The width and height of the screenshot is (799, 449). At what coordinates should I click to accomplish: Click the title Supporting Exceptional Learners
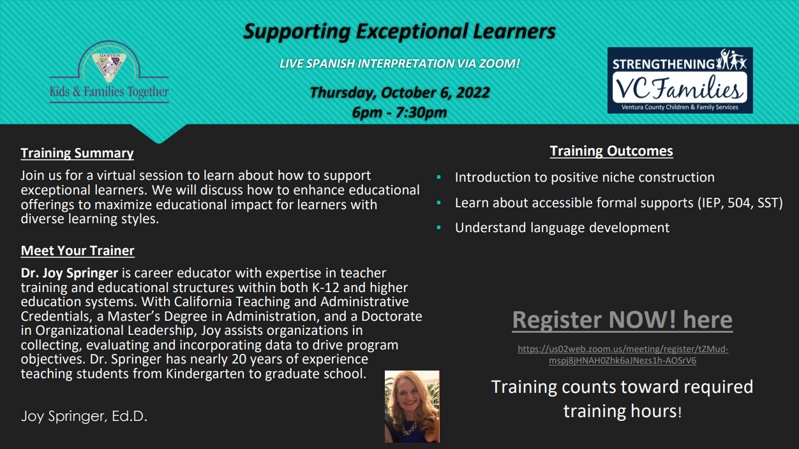point(399,31)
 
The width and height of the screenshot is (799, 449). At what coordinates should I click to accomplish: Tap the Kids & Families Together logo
point(109,72)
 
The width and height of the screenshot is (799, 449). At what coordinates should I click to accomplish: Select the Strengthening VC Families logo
point(680,80)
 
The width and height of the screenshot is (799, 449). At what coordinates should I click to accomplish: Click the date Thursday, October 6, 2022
point(399,92)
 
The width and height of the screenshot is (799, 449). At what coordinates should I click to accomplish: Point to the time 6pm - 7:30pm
point(399,112)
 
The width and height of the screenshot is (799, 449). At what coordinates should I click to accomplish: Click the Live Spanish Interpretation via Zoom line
point(399,63)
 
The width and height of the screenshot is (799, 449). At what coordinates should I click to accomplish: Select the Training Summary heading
point(77,153)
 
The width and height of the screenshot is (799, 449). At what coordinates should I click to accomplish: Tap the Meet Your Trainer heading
point(77,251)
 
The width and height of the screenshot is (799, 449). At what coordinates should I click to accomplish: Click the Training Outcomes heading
point(611,151)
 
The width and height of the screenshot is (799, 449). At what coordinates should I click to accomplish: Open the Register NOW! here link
point(622,320)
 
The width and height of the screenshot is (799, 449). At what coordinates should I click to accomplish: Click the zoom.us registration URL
point(623,355)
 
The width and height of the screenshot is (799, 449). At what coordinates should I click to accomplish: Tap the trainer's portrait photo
point(412,406)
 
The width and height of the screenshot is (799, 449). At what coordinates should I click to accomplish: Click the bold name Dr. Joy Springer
point(69,273)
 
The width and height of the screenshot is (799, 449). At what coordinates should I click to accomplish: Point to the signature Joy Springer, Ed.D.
point(84,416)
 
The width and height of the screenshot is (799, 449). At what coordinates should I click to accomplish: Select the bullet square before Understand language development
point(438,228)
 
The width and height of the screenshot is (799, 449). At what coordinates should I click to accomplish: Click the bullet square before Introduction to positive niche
point(438,177)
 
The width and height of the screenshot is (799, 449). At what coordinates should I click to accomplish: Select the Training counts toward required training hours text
point(622,399)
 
